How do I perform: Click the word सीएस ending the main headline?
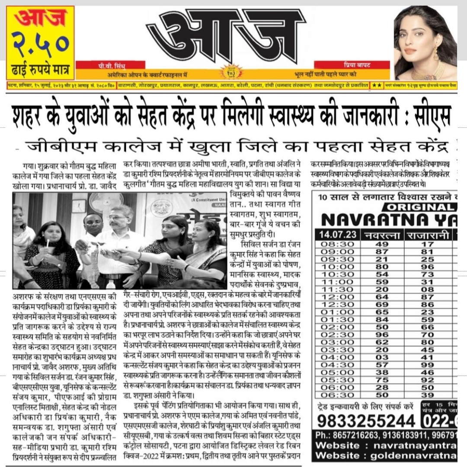[430, 114]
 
